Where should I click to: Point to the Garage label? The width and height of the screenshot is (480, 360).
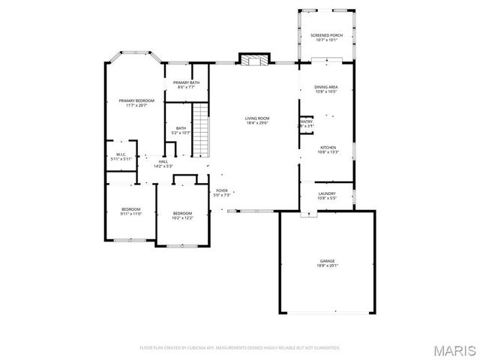coord(327,262)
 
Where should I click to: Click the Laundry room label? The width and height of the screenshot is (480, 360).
coord(327,195)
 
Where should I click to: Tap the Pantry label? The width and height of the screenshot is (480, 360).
coord(305,123)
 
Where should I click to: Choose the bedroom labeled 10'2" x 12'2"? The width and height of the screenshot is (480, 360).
coord(182,215)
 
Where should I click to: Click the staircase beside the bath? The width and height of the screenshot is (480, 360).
coord(199,130)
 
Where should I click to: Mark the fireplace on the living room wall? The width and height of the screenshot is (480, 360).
coord(253,59)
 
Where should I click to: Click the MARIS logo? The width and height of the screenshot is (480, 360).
coord(454,349)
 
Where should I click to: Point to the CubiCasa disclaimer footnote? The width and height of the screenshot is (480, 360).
coord(240,348)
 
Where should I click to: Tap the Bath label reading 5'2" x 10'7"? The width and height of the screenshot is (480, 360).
coord(181,130)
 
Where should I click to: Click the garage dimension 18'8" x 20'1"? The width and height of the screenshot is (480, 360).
coord(327,265)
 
